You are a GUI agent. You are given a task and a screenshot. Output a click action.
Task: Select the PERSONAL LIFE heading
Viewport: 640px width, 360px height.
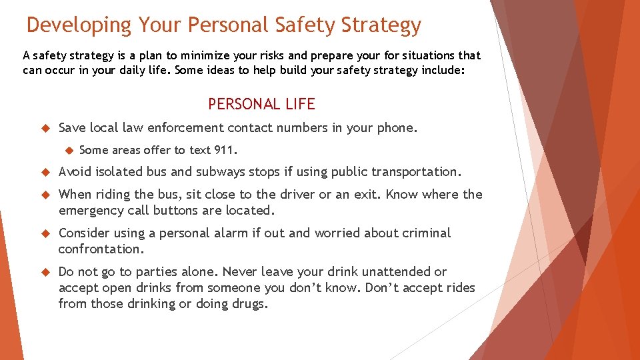(x=261, y=104)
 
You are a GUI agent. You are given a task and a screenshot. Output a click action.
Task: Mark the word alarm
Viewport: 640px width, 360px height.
(x=249, y=233)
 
